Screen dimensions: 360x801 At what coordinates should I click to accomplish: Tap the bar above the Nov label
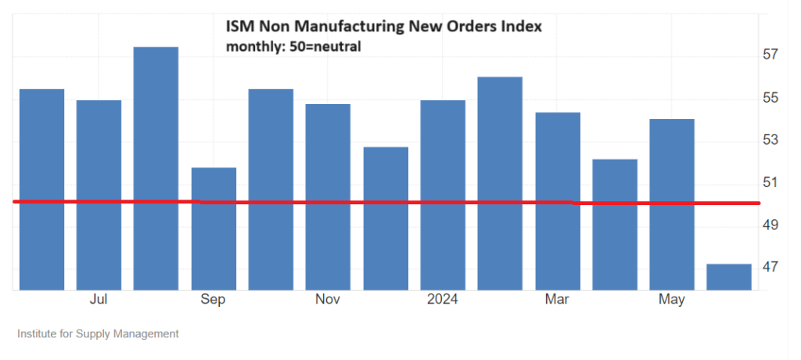pos(328,196)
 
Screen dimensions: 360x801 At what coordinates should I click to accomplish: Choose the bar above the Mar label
pos(558,200)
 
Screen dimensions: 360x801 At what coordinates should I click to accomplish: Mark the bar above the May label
pos(672,203)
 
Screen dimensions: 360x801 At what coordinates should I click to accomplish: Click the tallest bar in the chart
pos(156,167)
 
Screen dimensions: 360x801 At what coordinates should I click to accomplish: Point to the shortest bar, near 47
pos(729,277)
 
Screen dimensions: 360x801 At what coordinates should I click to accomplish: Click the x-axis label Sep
pos(214,300)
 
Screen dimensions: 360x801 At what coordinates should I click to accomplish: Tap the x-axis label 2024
pos(443,300)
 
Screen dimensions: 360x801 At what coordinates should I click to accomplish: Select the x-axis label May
pos(672,300)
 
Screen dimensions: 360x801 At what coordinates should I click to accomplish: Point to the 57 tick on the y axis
pos(770,55)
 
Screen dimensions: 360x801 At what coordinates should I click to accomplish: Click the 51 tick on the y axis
pos(770,182)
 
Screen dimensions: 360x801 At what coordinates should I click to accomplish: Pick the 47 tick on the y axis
pos(770,268)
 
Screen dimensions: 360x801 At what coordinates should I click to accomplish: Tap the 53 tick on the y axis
pos(770,140)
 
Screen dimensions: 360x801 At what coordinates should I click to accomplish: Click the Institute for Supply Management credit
pos(98,333)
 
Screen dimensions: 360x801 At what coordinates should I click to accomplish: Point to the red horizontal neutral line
pos(391,203)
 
